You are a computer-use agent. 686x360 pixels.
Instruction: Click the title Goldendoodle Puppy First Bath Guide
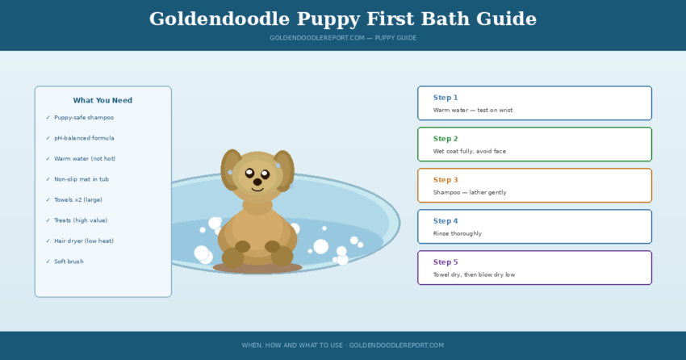pos(342,19)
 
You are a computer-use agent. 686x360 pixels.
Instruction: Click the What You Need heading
pos(102,101)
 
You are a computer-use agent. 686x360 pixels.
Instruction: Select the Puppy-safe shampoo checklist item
pos(84,118)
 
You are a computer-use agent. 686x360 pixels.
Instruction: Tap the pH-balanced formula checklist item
pos(84,138)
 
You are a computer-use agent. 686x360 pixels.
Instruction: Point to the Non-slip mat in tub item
pos(82,179)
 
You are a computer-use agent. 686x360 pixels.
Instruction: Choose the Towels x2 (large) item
pos(78,199)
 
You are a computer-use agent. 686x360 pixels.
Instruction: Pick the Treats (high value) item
pos(81,220)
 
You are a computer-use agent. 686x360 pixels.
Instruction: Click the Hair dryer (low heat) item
pos(84,241)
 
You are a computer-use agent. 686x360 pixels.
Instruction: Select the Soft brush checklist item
pos(69,262)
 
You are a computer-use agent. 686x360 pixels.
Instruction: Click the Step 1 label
pos(445,98)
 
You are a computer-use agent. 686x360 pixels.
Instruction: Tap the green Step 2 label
pos(445,139)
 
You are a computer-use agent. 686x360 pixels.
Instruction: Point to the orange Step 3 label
pos(445,180)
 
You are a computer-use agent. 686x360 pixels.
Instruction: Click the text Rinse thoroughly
pos(458,233)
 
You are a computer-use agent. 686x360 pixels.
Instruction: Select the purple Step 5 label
pos(445,262)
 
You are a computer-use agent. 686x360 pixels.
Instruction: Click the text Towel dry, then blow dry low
pos(474,274)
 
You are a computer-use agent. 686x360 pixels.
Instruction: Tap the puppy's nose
pos(257,182)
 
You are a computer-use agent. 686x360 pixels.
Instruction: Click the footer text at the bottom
pos(342,345)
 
